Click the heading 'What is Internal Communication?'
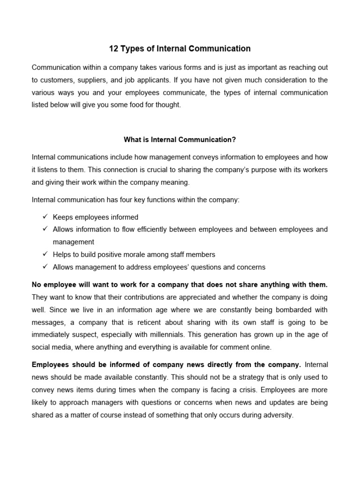[180, 139]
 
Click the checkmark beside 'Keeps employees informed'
[45, 217]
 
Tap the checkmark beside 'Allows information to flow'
[45, 229]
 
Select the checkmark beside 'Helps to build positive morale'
[45, 254]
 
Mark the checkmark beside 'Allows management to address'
[45, 267]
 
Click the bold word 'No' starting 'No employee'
[37, 285]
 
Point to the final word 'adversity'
[278, 415]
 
